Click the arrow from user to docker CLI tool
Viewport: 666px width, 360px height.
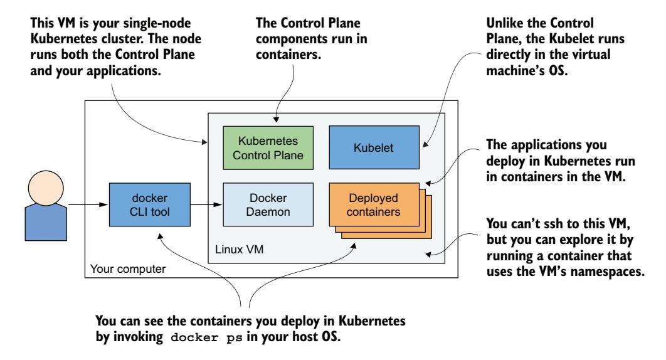pyautogui.click(x=88, y=204)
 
